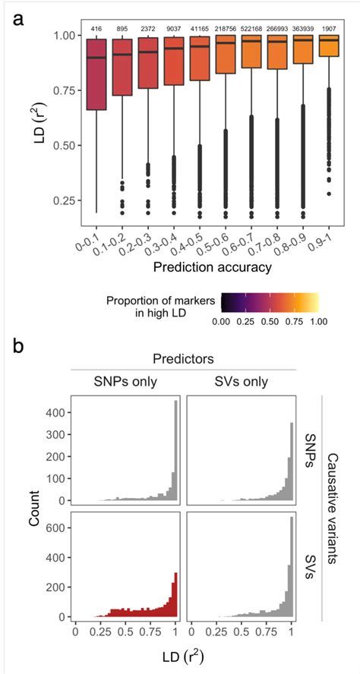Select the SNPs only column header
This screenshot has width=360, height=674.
pyautogui.click(x=125, y=382)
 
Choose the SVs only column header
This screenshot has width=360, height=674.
pyautogui.click(x=241, y=382)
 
